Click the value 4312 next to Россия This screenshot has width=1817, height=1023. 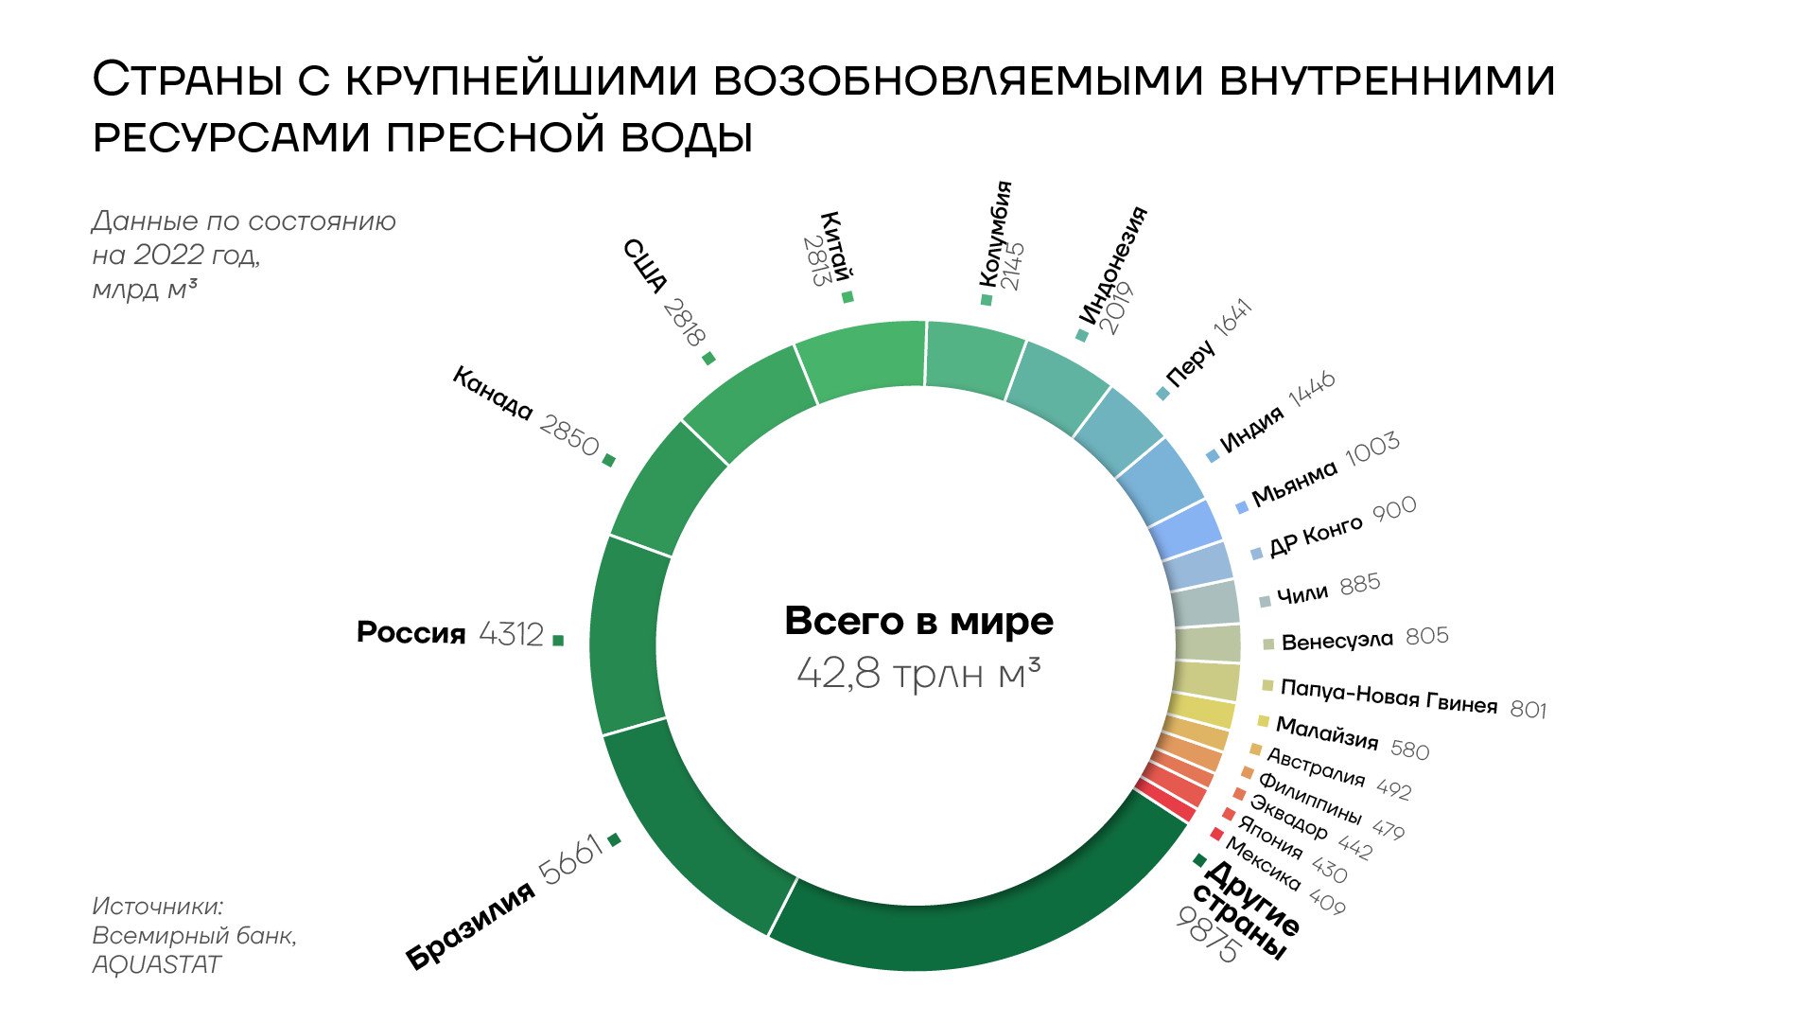(x=511, y=633)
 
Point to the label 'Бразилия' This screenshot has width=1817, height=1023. (x=470, y=926)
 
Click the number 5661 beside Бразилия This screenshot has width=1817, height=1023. (x=570, y=858)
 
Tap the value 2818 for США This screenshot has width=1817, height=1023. (x=684, y=322)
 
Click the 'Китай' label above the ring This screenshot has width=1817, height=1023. (x=835, y=245)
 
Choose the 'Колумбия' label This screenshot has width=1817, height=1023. (x=994, y=233)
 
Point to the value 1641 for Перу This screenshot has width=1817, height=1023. (x=1232, y=317)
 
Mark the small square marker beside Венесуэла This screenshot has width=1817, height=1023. (x=1268, y=644)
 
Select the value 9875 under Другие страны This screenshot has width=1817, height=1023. (x=1206, y=935)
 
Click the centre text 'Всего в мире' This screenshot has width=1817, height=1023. (x=918, y=622)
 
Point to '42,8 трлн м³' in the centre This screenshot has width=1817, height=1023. (x=918, y=674)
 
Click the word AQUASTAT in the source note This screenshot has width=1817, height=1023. (x=156, y=964)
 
